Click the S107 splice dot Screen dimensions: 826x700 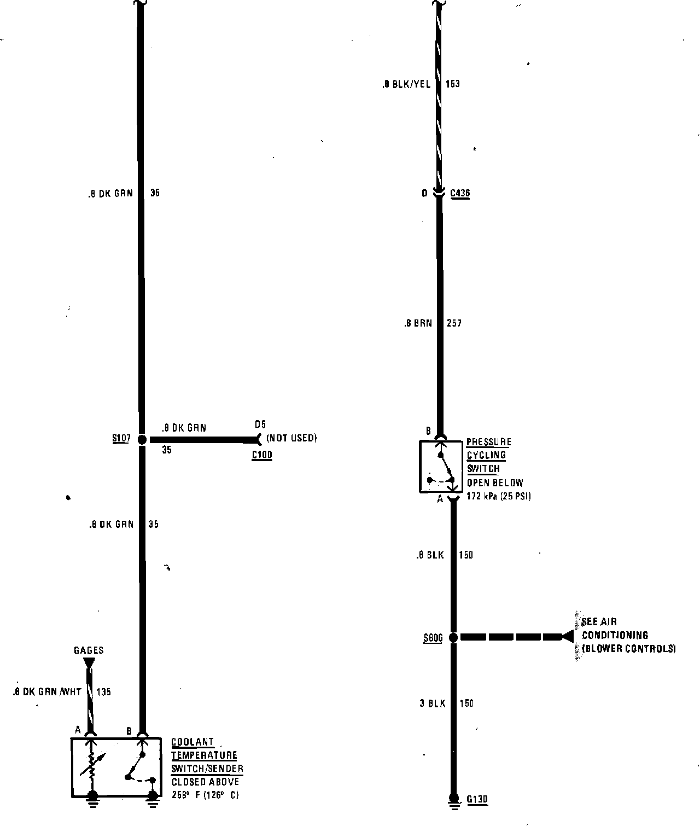(141, 439)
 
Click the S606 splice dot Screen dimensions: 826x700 (453, 637)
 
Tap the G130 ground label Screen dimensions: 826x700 (477, 800)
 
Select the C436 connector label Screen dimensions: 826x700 (460, 193)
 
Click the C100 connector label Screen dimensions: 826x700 (262, 455)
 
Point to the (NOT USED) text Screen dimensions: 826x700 (291, 438)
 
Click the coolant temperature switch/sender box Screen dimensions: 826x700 (116, 767)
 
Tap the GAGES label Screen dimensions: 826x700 (89, 650)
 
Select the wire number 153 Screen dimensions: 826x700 (453, 84)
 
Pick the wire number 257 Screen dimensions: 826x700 (454, 323)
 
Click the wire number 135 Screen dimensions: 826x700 (104, 692)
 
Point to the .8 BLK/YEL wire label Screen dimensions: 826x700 (407, 84)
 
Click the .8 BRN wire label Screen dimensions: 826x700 (418, 323)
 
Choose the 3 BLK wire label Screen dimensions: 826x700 (433, 703)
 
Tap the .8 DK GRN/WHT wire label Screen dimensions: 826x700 (47, 692)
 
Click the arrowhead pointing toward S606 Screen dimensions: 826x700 (567, 637)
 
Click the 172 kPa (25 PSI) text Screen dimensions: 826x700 (499, 497)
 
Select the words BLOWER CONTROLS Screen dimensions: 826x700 (629, 649)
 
